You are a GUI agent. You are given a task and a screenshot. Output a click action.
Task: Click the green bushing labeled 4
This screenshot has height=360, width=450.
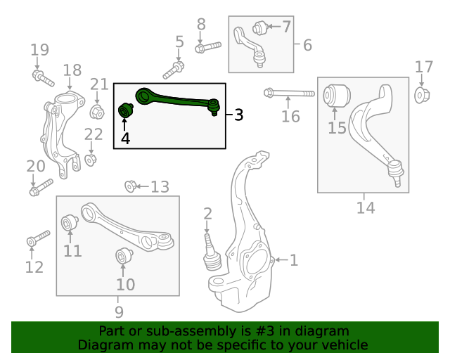click(126, 111)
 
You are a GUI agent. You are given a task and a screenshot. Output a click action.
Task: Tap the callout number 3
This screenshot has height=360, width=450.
click(239, 115)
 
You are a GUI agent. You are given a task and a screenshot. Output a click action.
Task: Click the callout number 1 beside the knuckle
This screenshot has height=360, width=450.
click(294, 260)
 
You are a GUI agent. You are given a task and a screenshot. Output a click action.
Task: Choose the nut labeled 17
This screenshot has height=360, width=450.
click(423, 95)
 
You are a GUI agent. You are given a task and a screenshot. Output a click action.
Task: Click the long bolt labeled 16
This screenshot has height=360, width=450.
click(290, 93)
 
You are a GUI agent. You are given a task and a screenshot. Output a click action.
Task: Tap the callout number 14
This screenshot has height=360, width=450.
click(365, 207)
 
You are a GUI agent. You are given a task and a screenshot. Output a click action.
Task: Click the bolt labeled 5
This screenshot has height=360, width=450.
click(174, 70)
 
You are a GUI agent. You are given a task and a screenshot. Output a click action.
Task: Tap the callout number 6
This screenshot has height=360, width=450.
click(307, 46)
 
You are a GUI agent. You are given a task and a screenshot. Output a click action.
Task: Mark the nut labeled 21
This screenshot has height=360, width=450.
click(97, 111)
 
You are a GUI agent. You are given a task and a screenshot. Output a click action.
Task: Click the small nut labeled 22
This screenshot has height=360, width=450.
click(91, 160)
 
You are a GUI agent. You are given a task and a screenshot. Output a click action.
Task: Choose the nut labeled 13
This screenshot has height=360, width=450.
click(130, 186)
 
